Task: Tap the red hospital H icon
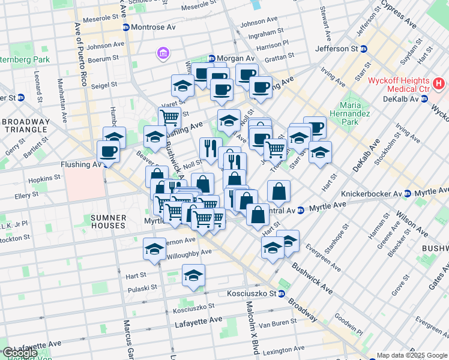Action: [439, 81]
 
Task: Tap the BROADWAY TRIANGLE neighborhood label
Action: [25, 125]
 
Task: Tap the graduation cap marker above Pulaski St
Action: [193, 275]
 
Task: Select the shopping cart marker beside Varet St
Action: [170, 118]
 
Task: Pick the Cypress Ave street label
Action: [399, 18]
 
